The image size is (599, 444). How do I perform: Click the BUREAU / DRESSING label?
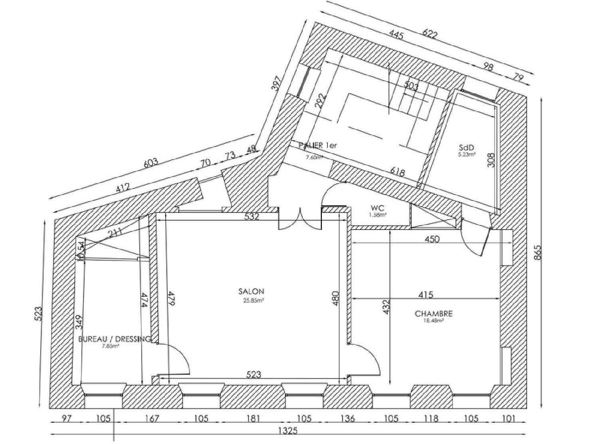[x=115, y=339]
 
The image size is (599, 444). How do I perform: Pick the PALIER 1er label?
[x=318, y=146]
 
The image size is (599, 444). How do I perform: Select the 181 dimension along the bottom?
[x=253, y=418]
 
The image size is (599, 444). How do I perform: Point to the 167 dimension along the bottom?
[x=152, y=418]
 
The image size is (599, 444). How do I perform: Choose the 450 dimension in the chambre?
[x=432, y=239]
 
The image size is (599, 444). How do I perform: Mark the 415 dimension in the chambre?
[x=426, y=295]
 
